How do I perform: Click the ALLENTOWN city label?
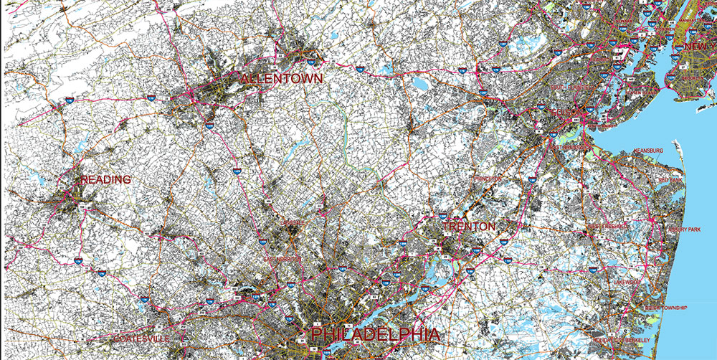[x=282, y=77]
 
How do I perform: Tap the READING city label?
[x=105, y=179]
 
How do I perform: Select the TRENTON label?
[x=468, y=227]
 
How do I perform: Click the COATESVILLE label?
[x=141, y=338]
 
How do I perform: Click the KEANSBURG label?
[x=648, y=151]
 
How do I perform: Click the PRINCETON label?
[x=486, y=177]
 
